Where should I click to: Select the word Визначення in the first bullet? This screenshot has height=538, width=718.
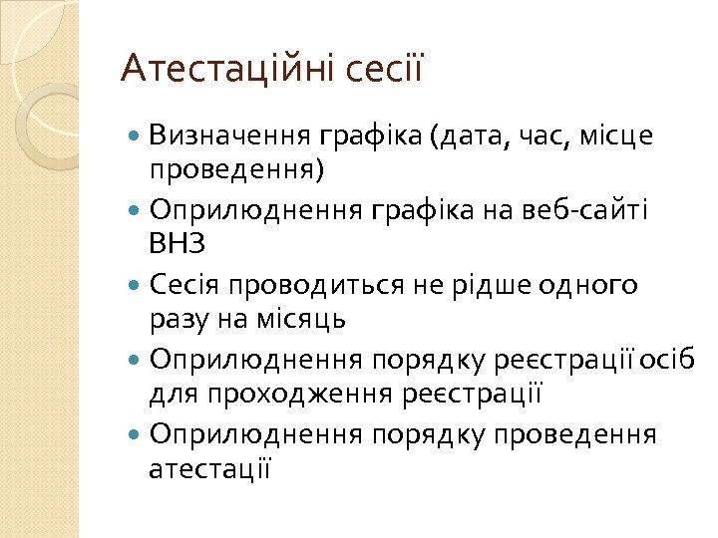pos(231,134)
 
